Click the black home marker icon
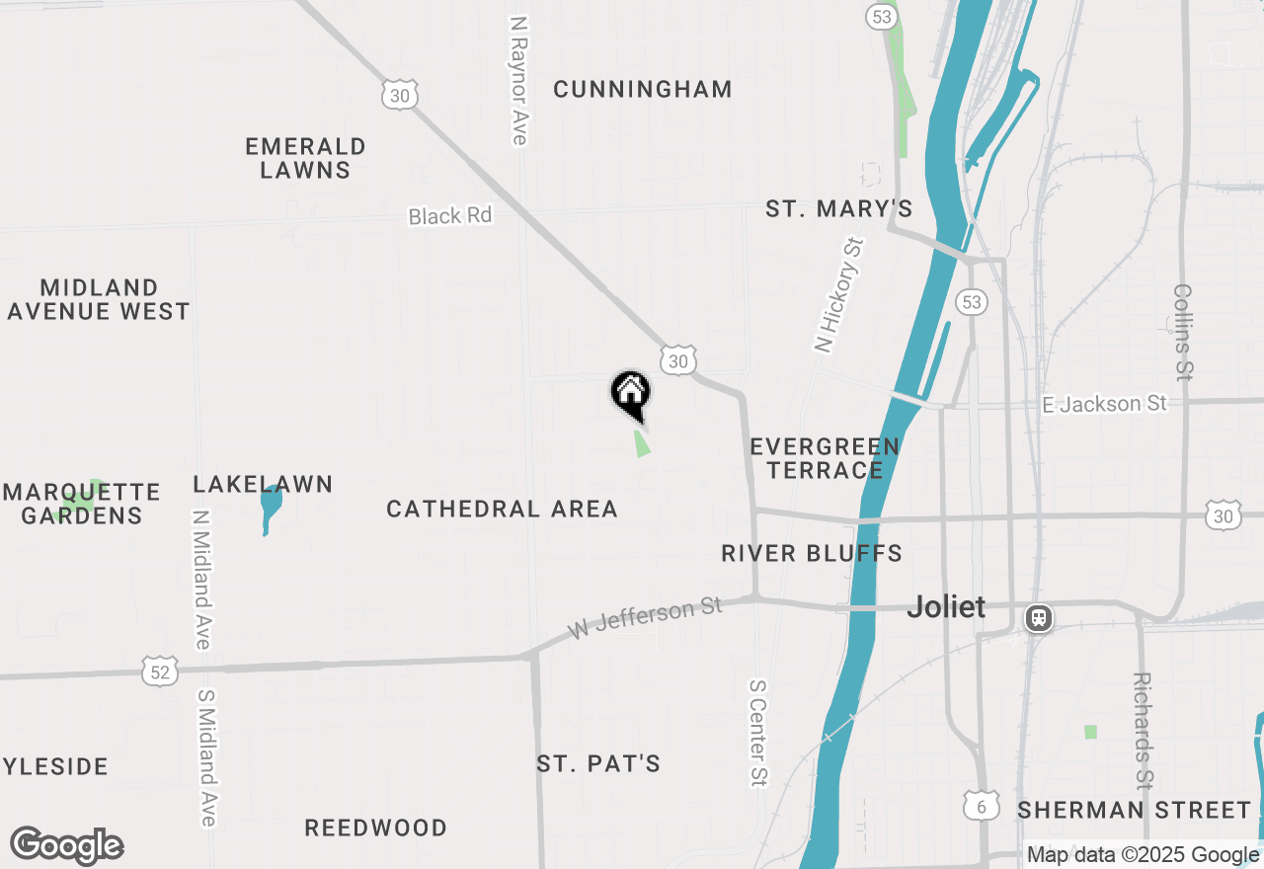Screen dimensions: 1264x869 click(x=630, y=393)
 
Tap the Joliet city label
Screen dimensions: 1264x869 click(x=946, y=606)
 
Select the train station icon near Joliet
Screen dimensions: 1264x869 click(x=1038, y=618)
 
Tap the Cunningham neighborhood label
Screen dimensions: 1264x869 click(x=643, y=89)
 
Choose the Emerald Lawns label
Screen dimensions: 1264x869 click(x=305, y=158)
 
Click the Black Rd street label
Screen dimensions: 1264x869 click(x=449, y=215)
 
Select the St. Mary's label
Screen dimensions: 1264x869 click(x=839, y=208)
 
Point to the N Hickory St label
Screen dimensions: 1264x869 click(x=839, y=294)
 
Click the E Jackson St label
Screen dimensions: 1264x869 click(x=1105, y=404)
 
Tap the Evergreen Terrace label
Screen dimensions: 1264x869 click(x=825, y=458)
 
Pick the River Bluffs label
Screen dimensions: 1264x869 click(x=812, y=553)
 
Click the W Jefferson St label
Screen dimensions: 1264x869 click(x=646, y=616)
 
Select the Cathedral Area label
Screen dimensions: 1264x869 click(x=502, y=509)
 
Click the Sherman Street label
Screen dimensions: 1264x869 click(x=1135, y=811)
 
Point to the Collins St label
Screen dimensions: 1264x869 click(x=1183, y=332)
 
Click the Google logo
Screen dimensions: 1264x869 click(x=67, y=846)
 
